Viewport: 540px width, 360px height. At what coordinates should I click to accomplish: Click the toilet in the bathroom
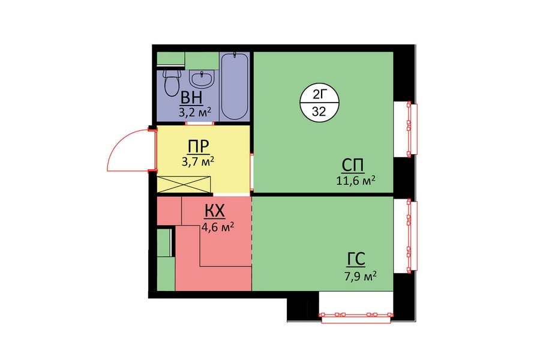pyautogui.click(x=172, y=83)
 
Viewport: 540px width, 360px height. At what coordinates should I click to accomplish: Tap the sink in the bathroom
pyautogui.click(x=202, y=80)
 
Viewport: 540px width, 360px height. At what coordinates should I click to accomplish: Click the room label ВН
pyautogui.click(x=192, y=98)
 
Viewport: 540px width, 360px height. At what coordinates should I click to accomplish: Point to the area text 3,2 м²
pyautogui.click(x=194, y=113)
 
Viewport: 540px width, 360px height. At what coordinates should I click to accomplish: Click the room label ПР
pyautogui.click(x=199, y=147)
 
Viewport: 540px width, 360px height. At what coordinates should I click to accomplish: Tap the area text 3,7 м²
pyautogui.click(x=198, y=161)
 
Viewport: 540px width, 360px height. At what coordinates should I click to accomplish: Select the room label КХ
pyautogui.click(x=215, y=212)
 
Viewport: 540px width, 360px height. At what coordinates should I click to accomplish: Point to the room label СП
pyautogui.click(x=353, y=166)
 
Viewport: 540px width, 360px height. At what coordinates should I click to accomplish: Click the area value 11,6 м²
pyautogui.click(x=356, y=181)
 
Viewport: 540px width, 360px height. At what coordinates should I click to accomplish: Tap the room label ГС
pyautogui.click(x=356, y=260)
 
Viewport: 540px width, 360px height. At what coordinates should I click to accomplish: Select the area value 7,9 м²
pyautogui.click(x=360, y=276)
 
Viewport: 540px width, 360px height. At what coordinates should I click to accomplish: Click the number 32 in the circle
pyautogui.click(x=319, y=111)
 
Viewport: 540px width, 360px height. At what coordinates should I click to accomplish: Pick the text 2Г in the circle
pyautogui.click(x=319, y=94)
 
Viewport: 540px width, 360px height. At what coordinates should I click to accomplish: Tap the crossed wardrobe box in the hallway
pyautogui.click(x=184, y=184)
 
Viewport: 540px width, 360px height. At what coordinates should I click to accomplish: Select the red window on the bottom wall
pyautogui.click(x=356, y=316)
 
